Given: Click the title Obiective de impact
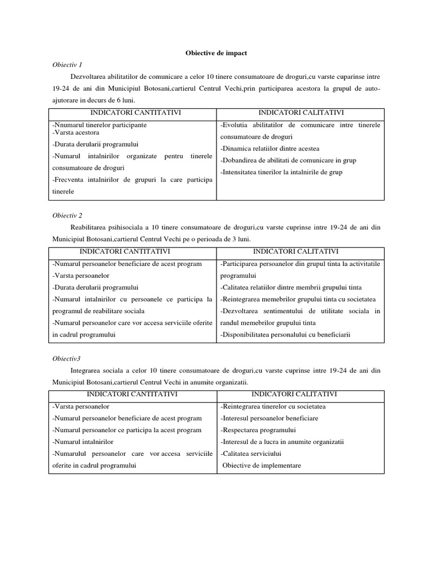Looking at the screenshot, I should pos(216,52).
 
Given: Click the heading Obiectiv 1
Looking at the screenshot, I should pos(67,64).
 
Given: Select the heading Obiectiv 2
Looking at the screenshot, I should pos(68,215).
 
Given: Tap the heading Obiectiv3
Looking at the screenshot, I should pos(67,358).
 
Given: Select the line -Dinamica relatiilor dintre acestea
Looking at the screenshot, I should pos(269,149).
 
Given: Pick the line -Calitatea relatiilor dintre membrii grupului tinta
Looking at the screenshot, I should pos(291,287).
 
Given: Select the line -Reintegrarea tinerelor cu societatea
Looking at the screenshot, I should pos(273,406).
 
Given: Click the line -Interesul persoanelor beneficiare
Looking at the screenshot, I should pos(269,418).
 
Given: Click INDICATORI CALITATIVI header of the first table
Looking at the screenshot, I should pos(300,113).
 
